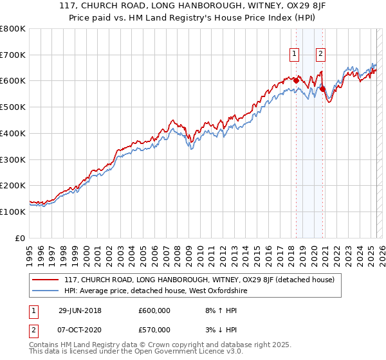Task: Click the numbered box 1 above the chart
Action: pos(295,55)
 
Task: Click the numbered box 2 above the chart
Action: pos(320,55)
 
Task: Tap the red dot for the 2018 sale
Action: pos(296,80)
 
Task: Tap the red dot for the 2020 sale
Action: pos(323,89)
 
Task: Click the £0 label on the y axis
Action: pos(20,237)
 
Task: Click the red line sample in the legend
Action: pos(46,280)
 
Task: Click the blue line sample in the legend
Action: pos(46,291)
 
